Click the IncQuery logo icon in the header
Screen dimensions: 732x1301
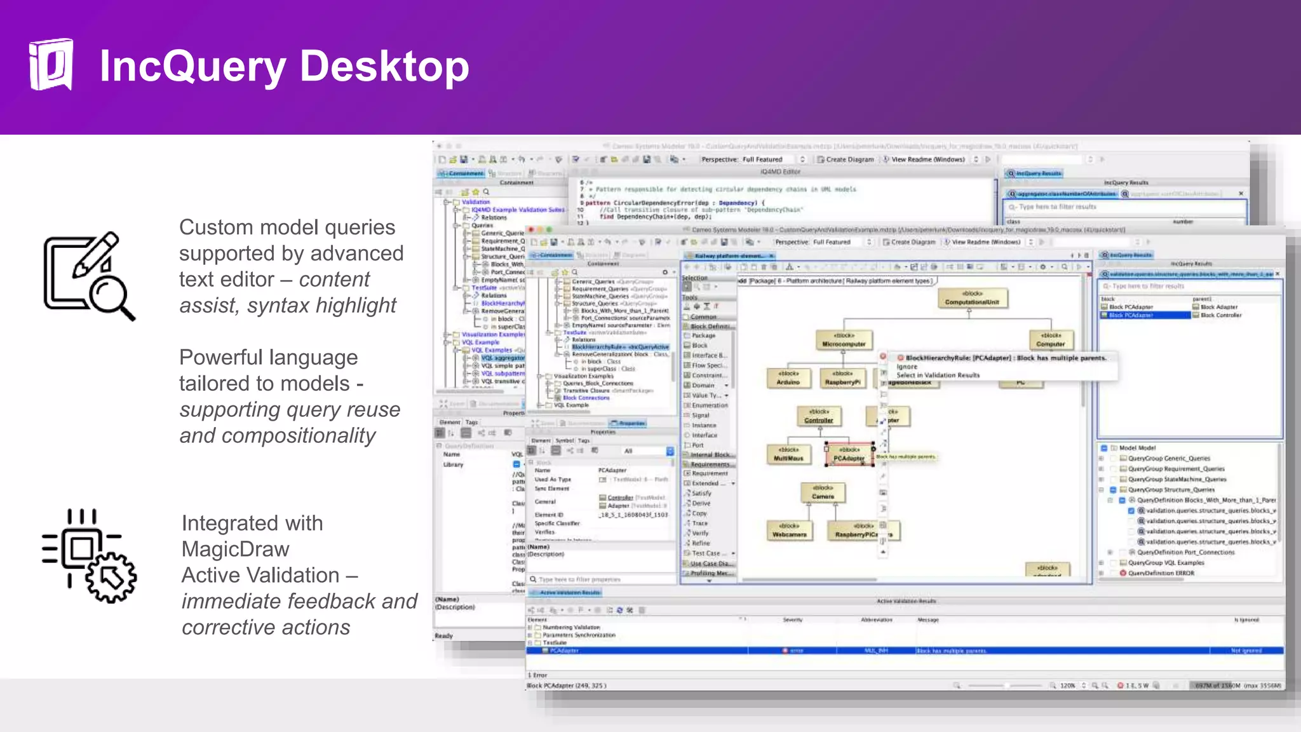coord(51,64)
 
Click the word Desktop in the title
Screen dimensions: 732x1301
coord(384,66)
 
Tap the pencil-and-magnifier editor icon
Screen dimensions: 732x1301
coord(89,276)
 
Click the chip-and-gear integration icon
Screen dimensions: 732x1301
coord(89,555)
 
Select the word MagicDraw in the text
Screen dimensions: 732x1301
coord(235,549)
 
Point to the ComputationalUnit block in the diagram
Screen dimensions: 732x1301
coord(971,299)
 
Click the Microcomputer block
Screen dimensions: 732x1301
coord(844,341)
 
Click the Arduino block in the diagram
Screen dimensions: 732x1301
coord(788,379)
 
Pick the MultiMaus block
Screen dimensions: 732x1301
coord(788,455)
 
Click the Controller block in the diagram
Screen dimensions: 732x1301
coord(819,417)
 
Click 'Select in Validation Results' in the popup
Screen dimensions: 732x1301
coord(938,376)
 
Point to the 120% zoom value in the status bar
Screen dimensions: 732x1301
coord(1067,686)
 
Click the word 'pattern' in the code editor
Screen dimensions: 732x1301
coord(597,203)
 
